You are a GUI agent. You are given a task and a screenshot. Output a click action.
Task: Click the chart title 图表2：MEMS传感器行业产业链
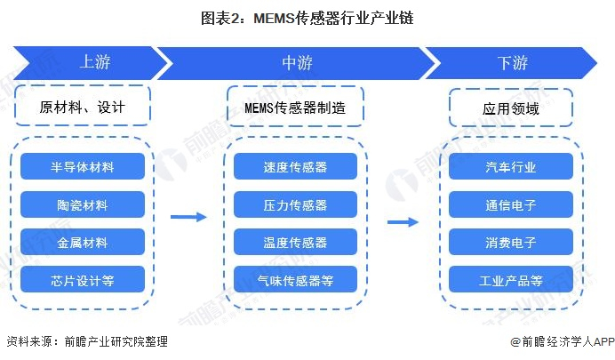[x=307, y=17]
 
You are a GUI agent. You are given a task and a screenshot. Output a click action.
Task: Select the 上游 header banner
[x=94, y=62]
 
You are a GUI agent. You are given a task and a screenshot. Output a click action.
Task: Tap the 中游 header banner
[x=296, y=62]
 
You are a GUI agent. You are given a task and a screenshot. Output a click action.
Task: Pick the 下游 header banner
[x=512, y=62]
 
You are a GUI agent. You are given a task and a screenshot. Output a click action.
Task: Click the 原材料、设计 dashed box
[x=82, y=108]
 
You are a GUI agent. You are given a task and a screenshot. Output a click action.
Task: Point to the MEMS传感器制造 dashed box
[x=296, y=108]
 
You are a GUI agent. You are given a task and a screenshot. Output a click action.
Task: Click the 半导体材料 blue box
[x=82, y=166]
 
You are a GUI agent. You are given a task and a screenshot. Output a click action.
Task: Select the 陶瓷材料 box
[x=82, y=204]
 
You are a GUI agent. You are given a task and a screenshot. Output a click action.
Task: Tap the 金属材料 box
[x=82, y=242]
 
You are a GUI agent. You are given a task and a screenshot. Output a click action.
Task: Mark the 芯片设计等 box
[x=82, y=280]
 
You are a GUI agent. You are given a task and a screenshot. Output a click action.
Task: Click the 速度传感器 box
[x=296, y=166]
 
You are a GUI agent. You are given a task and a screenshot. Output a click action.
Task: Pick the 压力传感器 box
[x=296, y=204]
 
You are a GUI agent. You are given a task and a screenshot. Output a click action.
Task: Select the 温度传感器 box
[x=296, y=242]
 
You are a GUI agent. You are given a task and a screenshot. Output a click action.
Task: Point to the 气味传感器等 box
[x=296, y=280]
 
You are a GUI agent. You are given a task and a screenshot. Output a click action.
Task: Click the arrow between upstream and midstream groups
[x=188, y=216]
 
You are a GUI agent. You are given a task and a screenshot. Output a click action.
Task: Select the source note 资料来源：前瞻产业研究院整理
[x=86, y=341]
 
